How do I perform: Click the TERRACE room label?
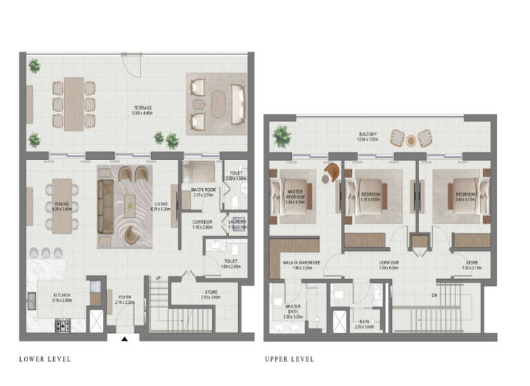point(143,108)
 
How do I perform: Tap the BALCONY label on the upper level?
point(367,134)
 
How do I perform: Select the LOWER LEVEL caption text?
point(45,359)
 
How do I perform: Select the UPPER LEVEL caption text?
point(289,359)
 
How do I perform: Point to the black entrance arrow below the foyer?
point(124,338)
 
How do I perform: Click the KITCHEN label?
point(62,295)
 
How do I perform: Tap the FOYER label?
point(124,297)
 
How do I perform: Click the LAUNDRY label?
point(238,222)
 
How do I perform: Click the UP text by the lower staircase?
point(159,278)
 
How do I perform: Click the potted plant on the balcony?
point(282,136)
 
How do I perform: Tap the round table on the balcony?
point(411,140)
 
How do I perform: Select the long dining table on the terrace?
point(74,103)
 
